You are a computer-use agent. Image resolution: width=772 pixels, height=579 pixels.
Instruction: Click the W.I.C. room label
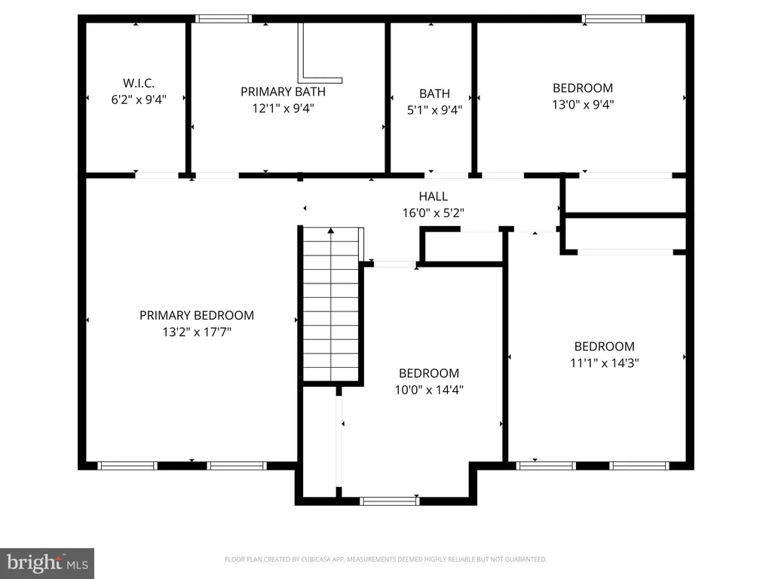pos(139,83)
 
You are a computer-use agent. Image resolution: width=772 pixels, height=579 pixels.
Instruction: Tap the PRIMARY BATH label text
pos(283,91)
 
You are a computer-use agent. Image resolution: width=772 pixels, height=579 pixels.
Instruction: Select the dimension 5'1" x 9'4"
pos(434,110)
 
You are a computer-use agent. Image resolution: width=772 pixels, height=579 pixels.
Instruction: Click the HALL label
pos(433,196)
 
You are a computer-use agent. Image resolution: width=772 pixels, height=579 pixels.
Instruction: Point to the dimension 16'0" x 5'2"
pos(433,213)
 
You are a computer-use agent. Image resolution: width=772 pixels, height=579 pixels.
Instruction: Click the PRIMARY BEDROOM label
pos(197,315)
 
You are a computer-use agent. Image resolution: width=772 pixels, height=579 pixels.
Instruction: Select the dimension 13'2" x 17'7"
pos(197,332)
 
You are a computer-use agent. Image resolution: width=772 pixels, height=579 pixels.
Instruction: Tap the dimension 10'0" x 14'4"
pos(429,390)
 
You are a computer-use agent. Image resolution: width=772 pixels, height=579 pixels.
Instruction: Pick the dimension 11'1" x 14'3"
pos(605,363)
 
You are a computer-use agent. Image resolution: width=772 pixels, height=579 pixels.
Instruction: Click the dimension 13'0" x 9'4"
pos(583,104)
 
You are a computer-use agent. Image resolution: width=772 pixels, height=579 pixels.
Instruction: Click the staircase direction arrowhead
pos(331,231)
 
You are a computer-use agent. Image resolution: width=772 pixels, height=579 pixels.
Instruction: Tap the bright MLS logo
pos(47,563)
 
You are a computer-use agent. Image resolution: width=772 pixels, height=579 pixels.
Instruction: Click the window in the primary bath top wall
pos(223,19)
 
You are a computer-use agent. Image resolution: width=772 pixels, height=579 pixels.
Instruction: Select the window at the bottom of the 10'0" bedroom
pos(389,501)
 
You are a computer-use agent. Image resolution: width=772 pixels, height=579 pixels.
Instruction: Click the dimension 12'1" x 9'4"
pos(283,109)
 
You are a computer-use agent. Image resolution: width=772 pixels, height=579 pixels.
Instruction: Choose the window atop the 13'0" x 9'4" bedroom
pos(613,19)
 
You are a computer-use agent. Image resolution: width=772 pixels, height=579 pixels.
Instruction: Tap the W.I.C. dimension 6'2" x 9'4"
pos(139,100)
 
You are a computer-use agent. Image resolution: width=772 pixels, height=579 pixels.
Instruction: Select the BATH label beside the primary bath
pos(434,93)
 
